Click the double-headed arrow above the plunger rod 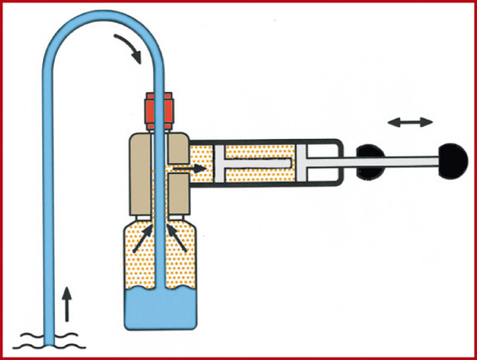[410, 122]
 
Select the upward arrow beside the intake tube [66, 300]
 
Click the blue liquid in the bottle [159, 309]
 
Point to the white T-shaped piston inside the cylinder [250, 165]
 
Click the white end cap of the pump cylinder [322, 165]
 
